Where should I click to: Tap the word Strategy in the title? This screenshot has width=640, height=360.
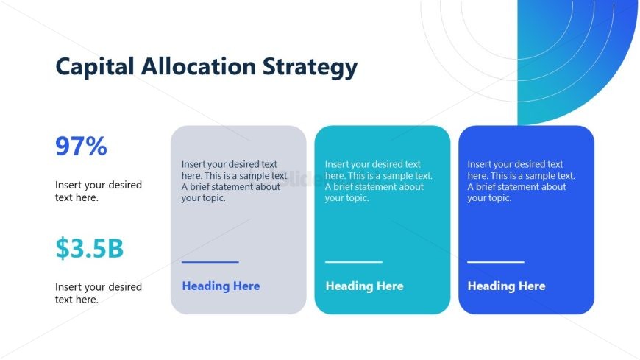click(310, 68)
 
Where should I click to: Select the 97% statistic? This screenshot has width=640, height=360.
click(81, 147)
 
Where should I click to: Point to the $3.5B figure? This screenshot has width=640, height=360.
click(89, 249)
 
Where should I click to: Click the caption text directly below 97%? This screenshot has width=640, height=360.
click(98, 191)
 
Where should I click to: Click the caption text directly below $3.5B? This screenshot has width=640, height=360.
click(98, 293)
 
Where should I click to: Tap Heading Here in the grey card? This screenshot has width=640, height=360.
click(221, 286)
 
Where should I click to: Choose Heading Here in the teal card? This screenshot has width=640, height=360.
click(364, 286)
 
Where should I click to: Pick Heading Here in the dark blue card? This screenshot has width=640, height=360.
click(506, 286)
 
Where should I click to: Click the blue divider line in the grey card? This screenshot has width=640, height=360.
click(210, 261)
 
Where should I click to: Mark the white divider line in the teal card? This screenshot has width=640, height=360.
click(354, 261)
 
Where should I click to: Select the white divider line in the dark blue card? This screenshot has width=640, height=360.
click(496, 261)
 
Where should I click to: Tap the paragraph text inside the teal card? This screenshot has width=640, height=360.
click(378, 181)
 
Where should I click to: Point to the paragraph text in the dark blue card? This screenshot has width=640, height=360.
click(521, 181)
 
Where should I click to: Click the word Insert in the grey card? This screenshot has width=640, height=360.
click(194, 165)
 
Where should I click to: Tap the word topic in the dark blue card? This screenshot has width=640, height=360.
click(498, 198)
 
